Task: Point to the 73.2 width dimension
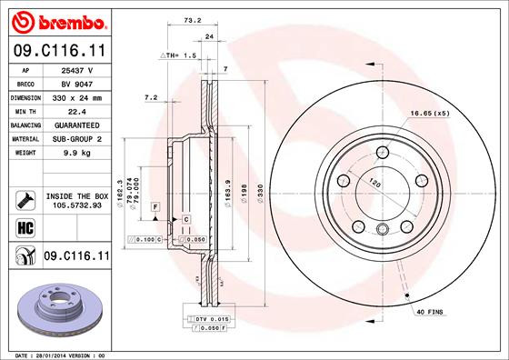tap(192, 17)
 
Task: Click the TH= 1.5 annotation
tap(179, 55)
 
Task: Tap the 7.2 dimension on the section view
tap(152, 96)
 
